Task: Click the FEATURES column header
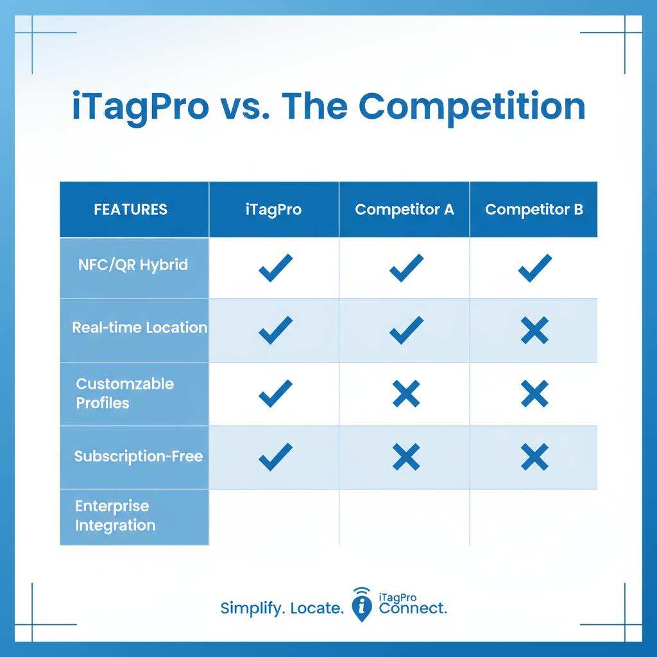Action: pos(130,210)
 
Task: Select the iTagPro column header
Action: pos(273,210)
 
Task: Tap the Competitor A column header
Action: pos(404,210)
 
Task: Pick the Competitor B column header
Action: pos(534,210)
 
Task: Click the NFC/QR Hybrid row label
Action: pos(133,265)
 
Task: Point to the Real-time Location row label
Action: pos(139,327)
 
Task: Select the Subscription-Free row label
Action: pos(139,456)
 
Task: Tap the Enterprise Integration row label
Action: pos(115,516)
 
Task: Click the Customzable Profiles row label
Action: pos(124,393)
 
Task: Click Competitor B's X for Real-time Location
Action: pos(534,330)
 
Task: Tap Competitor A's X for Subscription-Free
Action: pos(406,457)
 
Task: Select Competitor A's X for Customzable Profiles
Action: pos(406,393)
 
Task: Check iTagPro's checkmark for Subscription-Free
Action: pos(275,457)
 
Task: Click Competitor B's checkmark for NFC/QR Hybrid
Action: pos(534,268)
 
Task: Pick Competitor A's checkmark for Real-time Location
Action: pos(406,330)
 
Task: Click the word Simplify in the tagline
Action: pos(251,608)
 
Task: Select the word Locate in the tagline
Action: pos(317,608)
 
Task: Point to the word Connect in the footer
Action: pos(413,608)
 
